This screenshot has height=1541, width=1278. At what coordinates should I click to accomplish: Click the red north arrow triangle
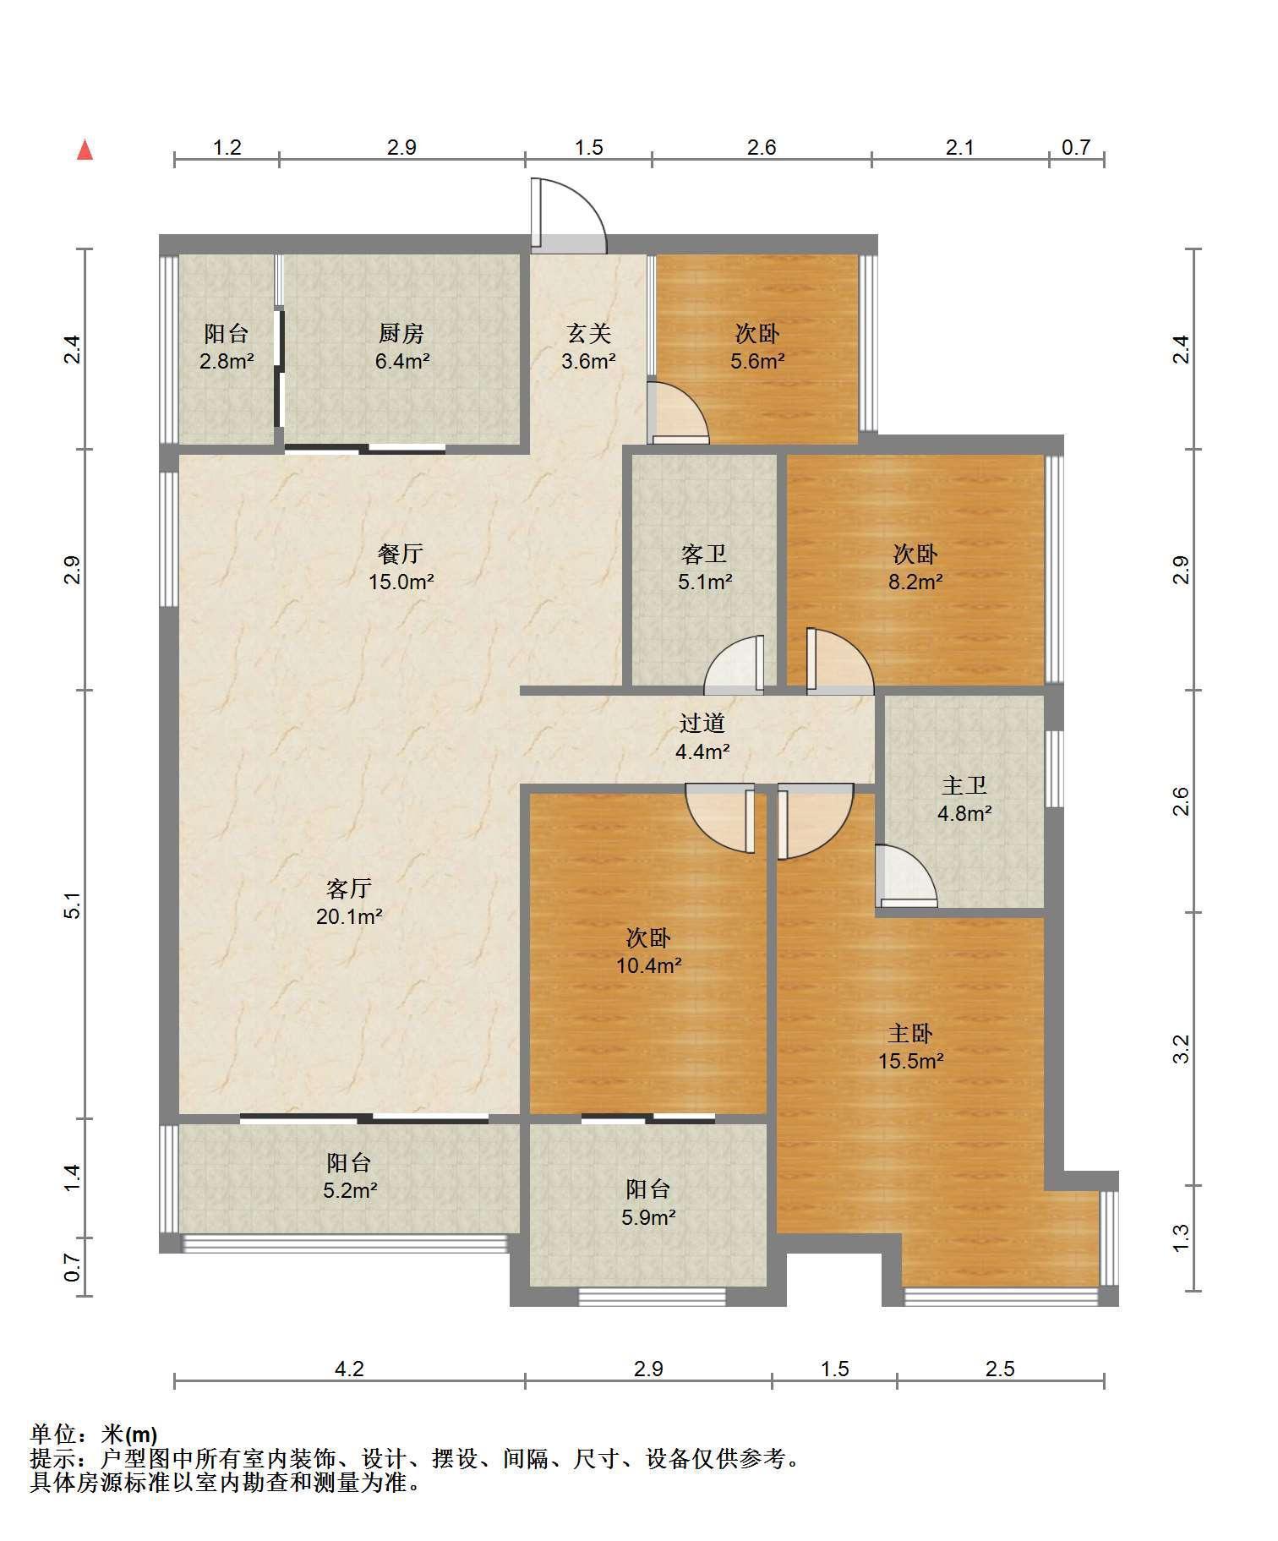click(x=85, y=150)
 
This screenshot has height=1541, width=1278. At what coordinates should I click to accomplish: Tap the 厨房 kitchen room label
click(x=401, y=334)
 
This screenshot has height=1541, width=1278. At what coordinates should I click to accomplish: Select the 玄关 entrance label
click(x=588, y=334)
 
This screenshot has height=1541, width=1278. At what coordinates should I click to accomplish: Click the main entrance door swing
click(x=568, y=216)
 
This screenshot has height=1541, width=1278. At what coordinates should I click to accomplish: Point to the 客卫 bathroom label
click(x=704, y=555)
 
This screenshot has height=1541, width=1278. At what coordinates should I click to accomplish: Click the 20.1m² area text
click(x=350, y=916)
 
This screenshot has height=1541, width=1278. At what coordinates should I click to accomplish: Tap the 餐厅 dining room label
click(x=401, y=555)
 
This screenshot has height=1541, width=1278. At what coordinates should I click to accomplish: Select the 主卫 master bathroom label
click(x=964, y=786)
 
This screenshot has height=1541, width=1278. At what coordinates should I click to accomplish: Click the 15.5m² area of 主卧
click(x=910, y=1061)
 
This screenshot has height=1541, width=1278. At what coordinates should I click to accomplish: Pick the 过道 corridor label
click(x=702, y=724)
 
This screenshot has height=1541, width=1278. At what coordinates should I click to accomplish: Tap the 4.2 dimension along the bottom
click(x=349, y=1369)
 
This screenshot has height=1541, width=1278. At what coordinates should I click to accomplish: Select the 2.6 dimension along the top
click(x=762, y=148)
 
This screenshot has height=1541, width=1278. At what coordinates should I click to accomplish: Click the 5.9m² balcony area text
click(x=648, y=1218)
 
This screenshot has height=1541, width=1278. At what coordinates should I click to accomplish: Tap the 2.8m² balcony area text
click(x=227, y=362)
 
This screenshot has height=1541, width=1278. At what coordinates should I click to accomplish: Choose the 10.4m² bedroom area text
click(x=649, y=965)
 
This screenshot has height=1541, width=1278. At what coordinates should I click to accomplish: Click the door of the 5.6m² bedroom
click(x=678, y=413)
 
